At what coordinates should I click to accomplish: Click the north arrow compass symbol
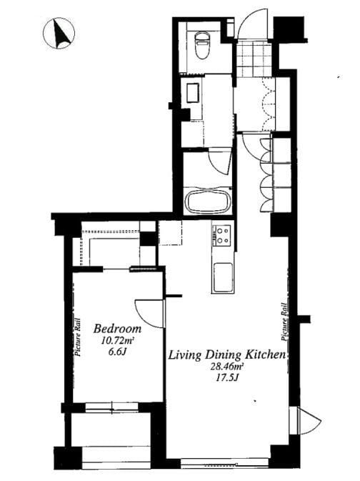(59, 34)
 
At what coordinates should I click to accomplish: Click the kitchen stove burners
(223, 235)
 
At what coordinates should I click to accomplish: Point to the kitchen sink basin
(223, 277)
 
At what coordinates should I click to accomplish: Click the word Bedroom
(117, 329)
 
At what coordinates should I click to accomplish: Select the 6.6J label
(118, 352)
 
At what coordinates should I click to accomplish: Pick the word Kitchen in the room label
(265, 355)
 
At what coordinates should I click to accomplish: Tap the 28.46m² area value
(226, 366)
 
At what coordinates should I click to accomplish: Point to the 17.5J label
(227, 377)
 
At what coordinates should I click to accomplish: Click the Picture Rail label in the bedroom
(78, 337)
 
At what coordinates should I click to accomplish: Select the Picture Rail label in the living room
(285, 322)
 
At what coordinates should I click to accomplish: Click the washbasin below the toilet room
(193, 92)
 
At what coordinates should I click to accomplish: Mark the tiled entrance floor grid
(254, 59)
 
